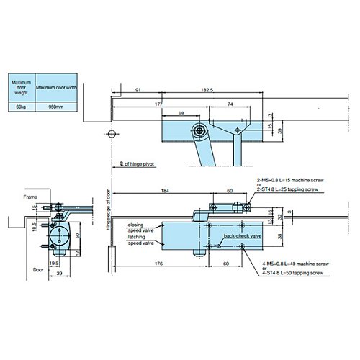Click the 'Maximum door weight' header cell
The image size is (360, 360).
[x=21, y=87]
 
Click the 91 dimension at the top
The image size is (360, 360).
[x=137, y=90]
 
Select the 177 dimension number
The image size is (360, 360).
[x=157, y=104]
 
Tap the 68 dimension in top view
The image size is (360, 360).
[x=181, y=114]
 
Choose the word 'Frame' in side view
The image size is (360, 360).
[x=29, y=195]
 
